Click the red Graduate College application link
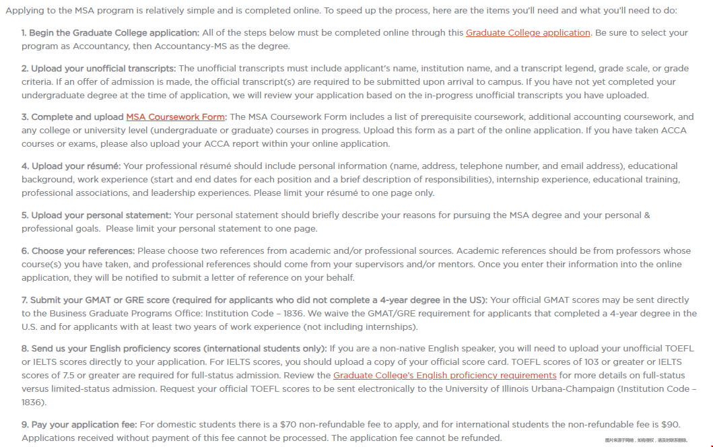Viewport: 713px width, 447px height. tap(528, 32)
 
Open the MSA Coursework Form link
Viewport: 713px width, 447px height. tap(176, 116)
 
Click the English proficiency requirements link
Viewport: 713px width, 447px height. tap(444, 375)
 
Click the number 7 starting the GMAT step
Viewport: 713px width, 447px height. tap(24, 300)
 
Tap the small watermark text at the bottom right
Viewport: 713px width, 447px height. tap(646, 440)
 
